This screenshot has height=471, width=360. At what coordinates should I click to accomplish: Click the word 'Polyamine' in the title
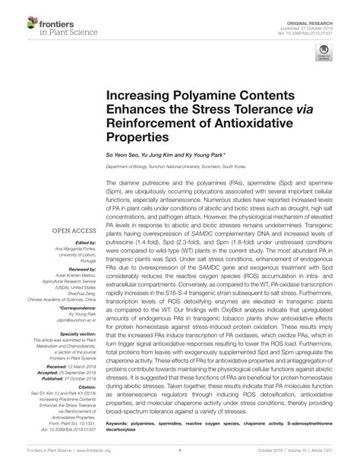click(x=191, y=101)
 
